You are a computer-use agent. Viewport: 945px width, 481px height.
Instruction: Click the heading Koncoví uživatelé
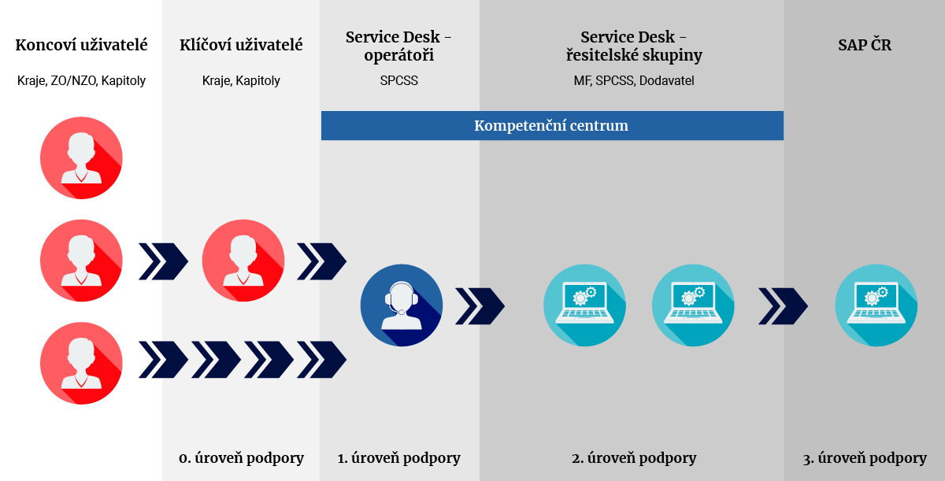(82, 45)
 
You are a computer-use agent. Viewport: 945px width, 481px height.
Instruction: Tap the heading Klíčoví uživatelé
(241, 45)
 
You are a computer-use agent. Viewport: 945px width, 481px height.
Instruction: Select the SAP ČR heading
(865, 45)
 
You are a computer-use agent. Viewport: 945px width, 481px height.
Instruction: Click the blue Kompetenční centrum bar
(551, 126)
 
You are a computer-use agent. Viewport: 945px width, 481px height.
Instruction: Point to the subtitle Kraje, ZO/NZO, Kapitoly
(82, 80)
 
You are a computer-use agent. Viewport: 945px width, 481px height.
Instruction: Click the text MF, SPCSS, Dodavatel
(634, 80)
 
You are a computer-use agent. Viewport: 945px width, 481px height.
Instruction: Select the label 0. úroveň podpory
(241, 458)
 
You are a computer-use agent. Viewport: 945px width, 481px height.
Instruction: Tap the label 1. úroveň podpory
(399, 458)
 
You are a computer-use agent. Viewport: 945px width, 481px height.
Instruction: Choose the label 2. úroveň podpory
(634, 458)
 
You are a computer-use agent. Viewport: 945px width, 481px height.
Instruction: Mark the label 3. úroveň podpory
(865, 458)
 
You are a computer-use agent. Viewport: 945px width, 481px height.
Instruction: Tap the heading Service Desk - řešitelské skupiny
(634, 46)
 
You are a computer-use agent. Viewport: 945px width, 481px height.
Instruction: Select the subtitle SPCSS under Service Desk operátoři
(399, 80)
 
